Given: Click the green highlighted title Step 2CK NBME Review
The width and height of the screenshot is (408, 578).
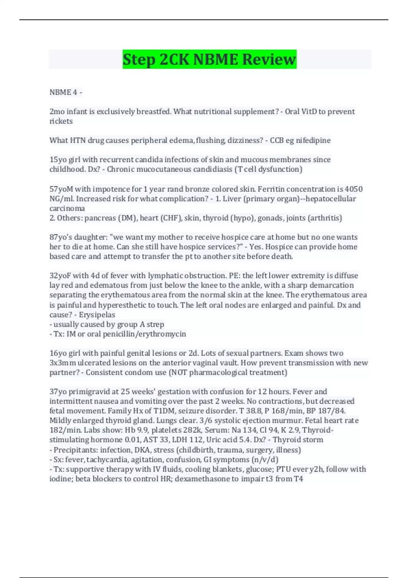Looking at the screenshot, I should pos(209,59).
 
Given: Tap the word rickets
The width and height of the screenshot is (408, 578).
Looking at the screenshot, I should pos(61,121).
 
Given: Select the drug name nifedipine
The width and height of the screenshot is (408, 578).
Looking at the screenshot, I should pos(313,140).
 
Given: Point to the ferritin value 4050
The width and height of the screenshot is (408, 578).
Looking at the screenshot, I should pos(354,189).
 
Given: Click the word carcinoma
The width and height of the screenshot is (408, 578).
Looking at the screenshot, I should pos(67,208).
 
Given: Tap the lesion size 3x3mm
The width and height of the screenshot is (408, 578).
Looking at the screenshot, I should pos(63,362).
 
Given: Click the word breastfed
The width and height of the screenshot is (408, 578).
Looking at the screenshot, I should pos(153,112).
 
